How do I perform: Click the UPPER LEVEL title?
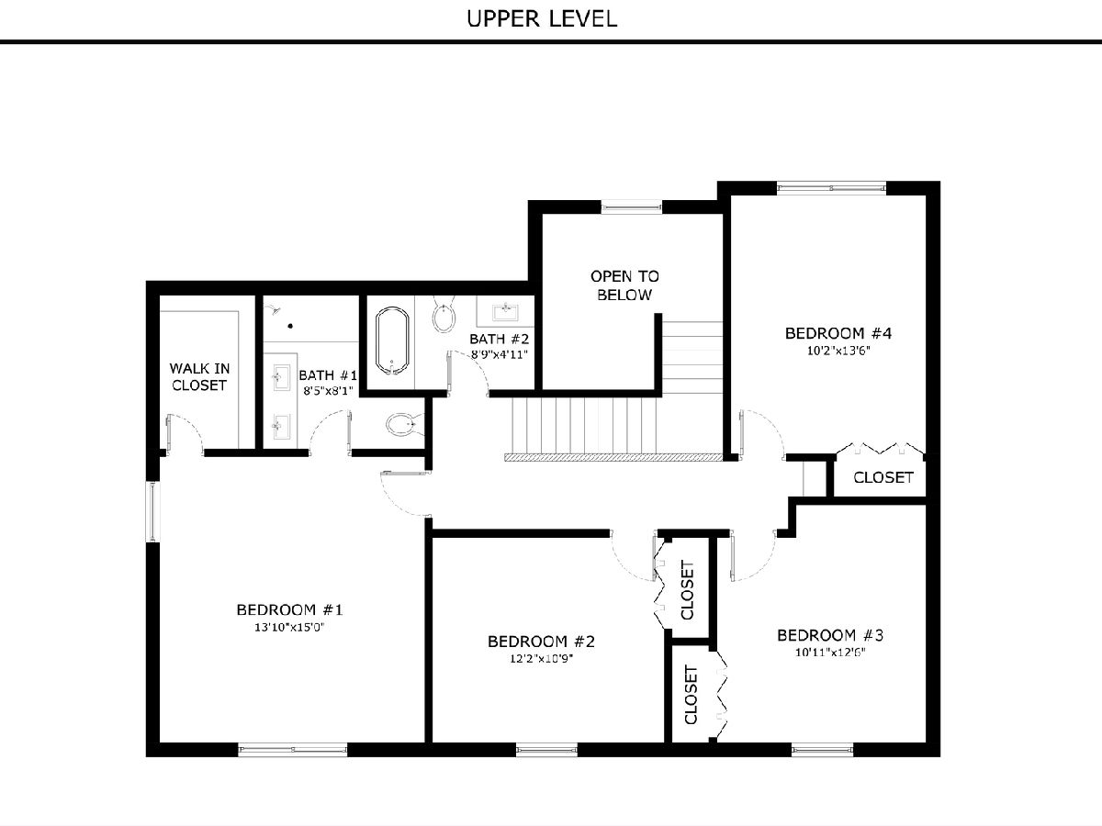click(x=542, y=19)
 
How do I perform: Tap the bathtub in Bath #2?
click(x=392, y=341)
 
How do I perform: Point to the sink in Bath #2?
click(x=505, y=311)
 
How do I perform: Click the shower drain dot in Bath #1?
click(x=290, y=326)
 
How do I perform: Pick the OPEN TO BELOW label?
click(x=624, y=285)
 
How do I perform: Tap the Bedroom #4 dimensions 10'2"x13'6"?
click(x=838, y=351)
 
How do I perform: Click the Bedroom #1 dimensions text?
click(x=289, y=627)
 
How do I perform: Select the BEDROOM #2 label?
click(x=541, y=642)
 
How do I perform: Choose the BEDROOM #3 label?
click(x=830, y=635)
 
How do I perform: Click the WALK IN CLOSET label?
click(x=199, y=376)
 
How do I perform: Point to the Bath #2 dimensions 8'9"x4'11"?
click(x=499, y=354)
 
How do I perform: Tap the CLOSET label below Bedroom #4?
click(x=883, y=477)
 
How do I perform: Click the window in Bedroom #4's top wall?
click(x=831, y=188)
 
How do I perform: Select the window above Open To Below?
click(x=632, y=206)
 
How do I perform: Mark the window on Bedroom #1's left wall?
click(x=152, y=511)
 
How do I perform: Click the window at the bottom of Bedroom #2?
click(x=546, y=750)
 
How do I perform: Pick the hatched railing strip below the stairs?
click(x=613, y=457)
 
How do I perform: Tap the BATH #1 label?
click(x=328, y=375)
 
